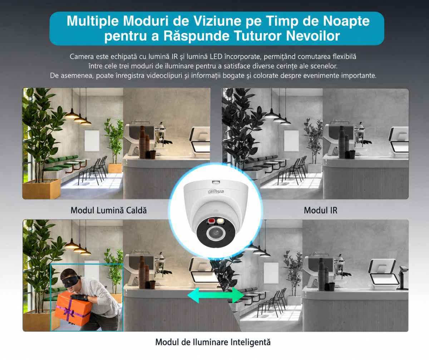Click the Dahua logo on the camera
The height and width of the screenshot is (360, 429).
coord(216,191)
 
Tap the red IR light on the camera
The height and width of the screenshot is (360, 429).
coord(211,221)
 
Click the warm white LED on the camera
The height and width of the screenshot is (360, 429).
coord(220,221)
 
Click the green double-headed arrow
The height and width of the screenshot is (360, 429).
coord(216,295)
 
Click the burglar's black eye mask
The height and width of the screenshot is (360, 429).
coord(71,281)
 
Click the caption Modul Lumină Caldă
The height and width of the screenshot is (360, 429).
coord(109,210)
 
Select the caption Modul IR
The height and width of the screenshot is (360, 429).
coord(321,210)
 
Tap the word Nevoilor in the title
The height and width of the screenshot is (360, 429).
coord(313,36)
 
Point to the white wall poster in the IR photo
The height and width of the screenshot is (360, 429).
coord(291,141)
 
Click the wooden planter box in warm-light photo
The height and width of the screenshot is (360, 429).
coord(41,189)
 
